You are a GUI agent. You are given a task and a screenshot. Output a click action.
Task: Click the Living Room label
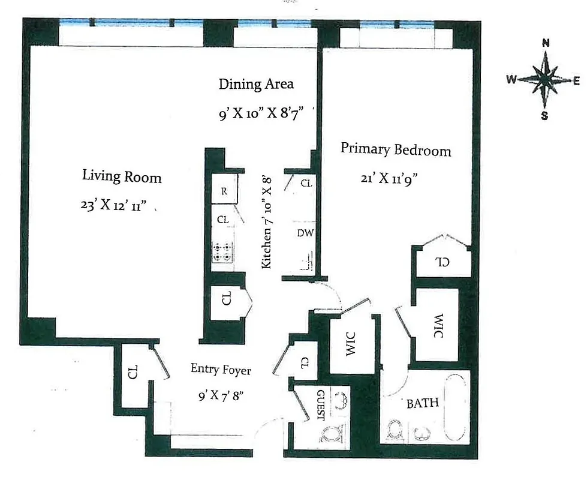coord(122,177)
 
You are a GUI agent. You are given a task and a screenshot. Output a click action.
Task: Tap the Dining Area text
coord(256,84)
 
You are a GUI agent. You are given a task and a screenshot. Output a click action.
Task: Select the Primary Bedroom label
coord(396,149)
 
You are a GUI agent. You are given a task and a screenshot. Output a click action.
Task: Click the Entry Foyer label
coord(221,370)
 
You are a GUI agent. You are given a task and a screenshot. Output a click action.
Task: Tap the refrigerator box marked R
coord(224,192)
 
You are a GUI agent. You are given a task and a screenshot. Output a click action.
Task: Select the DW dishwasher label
coord(305,233)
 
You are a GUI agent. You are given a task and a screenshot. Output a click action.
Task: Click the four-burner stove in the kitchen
coord(223,251)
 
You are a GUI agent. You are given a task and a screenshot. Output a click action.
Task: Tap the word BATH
coord(423,403)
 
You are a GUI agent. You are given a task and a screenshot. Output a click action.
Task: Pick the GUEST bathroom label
coord(320,406)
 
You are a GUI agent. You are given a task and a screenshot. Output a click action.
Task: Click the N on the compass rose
coord(546,43)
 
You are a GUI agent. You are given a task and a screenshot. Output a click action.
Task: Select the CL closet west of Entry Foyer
coord(133,373)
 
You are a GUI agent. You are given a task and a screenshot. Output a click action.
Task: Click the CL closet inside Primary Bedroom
coord(442,262)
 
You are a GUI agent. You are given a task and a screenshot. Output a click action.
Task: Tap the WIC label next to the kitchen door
coord(351,343)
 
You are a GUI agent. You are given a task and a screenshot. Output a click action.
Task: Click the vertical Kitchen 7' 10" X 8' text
coord(267,221)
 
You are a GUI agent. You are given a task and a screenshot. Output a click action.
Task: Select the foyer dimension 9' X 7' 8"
coord(221,396)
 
